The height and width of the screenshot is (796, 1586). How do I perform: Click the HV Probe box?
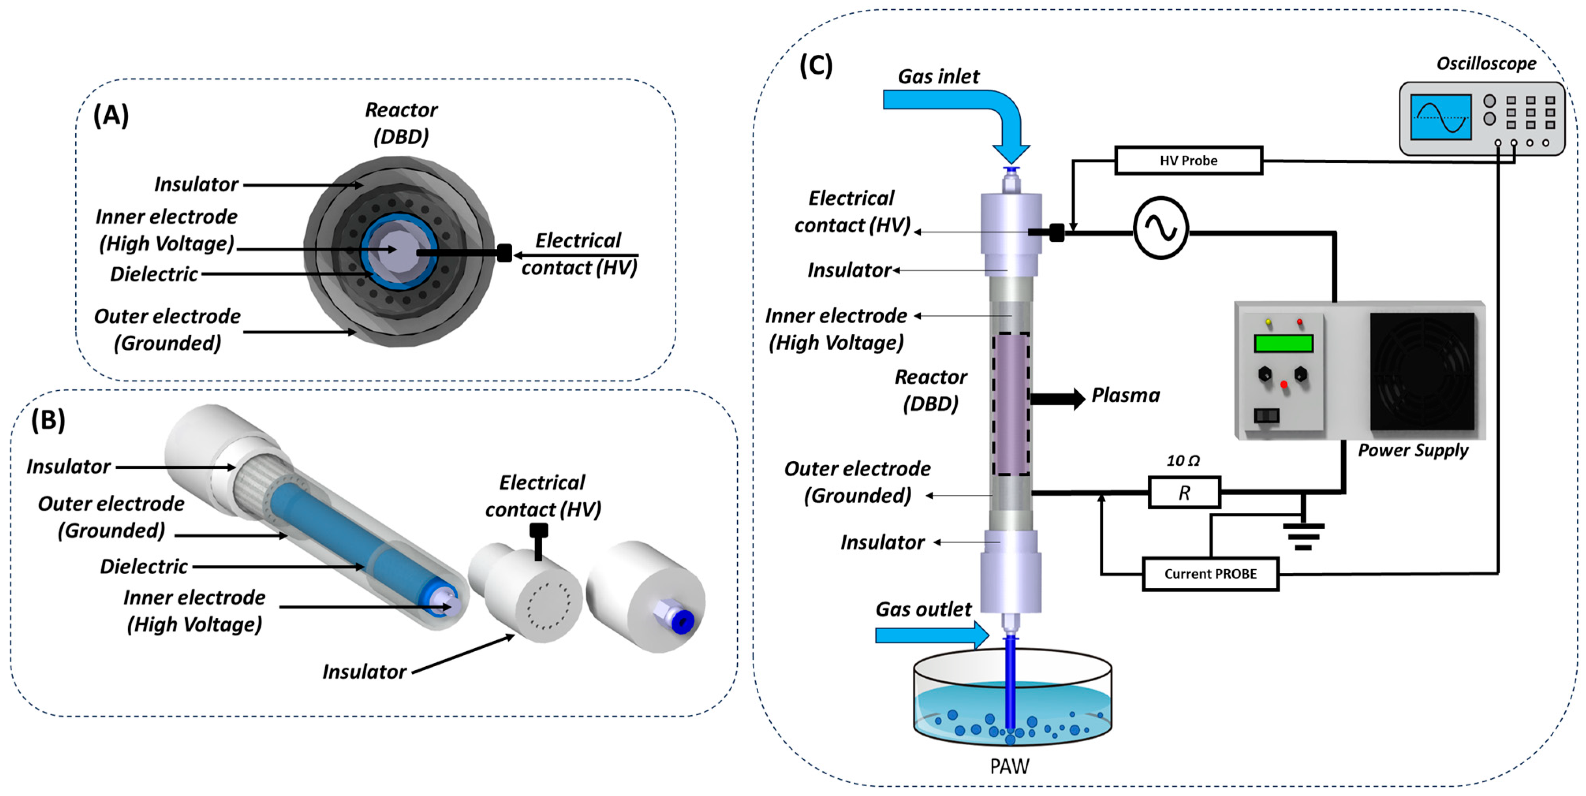(x=1188, y=161)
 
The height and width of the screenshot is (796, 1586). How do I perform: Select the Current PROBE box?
(x=1210, y=574)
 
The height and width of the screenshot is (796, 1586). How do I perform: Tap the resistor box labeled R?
(x=1184, y=492)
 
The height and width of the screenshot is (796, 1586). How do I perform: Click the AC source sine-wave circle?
(x=1161, y=228)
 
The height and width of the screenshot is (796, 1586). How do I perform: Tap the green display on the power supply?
(x=1283, y=343)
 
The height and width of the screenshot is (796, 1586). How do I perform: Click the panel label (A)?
(x=111, y=115)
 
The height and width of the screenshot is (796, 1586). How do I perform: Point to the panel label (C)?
(x=816, y=65)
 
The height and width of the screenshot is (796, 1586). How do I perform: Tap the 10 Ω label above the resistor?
(x=1183, y=460)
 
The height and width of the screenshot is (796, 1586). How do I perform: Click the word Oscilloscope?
(x=1486, y=63)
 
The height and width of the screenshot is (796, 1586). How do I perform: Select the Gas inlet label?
(x=938, y=76)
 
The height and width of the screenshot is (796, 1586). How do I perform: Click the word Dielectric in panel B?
(x=144, y=567)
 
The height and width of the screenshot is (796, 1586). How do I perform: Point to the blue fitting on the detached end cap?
(x=682, y=622)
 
